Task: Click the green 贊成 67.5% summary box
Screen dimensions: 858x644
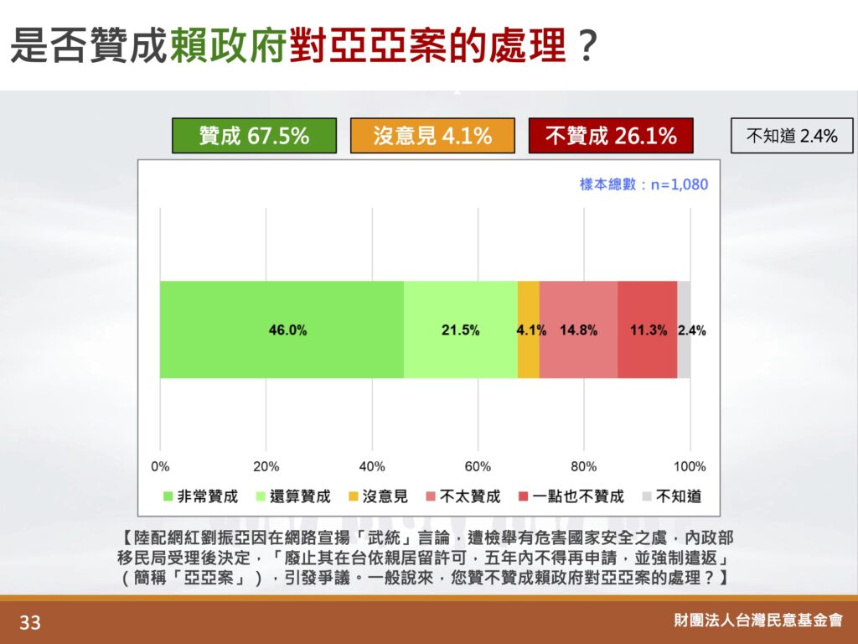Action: click(x=254, y=135)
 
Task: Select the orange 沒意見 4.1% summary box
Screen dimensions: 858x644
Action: click(x=432, y=135)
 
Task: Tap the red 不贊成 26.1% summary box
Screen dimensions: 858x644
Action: click(x=611, y=135)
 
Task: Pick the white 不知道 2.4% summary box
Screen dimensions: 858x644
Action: click(x=792, y=135)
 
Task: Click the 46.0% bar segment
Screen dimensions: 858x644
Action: click(x=282, y=330)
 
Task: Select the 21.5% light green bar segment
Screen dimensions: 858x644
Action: click(x=461, y=330)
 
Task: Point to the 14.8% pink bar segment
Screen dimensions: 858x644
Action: click(x=578, y=330)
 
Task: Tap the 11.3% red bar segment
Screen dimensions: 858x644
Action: click(x=648, y=330)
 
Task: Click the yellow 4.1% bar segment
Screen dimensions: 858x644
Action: click(x=529, y=330)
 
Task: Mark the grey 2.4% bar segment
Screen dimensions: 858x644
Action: click(x=684, y=330)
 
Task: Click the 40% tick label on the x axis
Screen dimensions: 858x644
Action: click(x=372, y=466)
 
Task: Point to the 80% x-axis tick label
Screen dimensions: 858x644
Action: click(x=583, y=466)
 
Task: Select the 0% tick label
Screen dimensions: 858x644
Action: click(x=160, y=466)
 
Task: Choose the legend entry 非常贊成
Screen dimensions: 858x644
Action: click(x=201, y=496)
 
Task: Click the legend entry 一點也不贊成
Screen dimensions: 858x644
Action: click(x=571, y=496)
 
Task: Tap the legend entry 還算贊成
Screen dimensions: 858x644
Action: click(x=293, y=496)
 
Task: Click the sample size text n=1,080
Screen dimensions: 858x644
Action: click(x=679, y=184)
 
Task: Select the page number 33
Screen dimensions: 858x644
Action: click(x=30, y=623)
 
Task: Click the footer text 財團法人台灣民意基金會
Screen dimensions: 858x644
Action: click(x=758, y=620)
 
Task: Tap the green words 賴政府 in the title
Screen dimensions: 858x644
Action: click(x=228, y=45)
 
